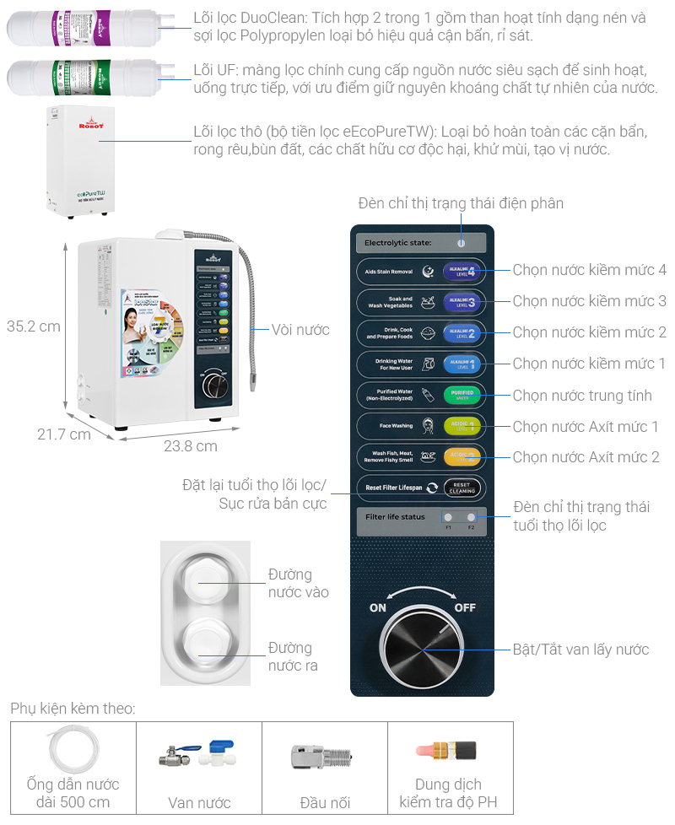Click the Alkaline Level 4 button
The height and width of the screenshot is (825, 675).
tap(462, 271)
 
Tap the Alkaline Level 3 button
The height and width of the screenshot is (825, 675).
tap(462, 302)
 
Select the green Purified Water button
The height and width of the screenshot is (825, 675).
tap(462, 395)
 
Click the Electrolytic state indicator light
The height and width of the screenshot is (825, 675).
tap(462, 243)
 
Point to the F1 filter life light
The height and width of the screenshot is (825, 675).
tap(448, 518)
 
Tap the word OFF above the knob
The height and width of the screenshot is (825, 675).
tap(465, 607)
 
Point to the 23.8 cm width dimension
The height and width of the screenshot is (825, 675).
tap(190, 446)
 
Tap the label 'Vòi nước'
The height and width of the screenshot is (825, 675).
tap(300, 330)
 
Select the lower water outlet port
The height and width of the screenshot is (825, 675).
tap(205, 640)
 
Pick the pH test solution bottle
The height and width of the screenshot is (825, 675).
tap(446, 750)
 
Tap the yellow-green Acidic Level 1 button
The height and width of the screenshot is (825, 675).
tap(462, 426)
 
